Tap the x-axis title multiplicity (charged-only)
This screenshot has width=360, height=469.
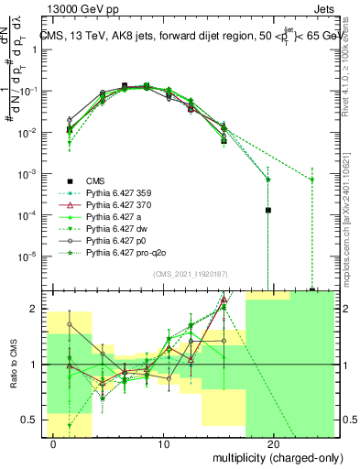click(x=266, y=456)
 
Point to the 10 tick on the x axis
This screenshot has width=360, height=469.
click(x=164, y=442)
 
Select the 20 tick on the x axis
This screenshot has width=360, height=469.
click(x=273, y=442)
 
